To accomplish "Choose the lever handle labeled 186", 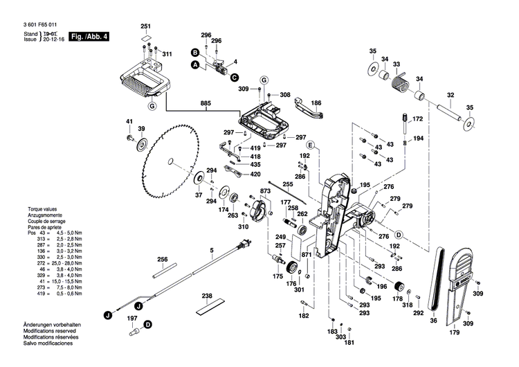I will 308,109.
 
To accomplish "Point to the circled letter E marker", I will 311,145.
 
